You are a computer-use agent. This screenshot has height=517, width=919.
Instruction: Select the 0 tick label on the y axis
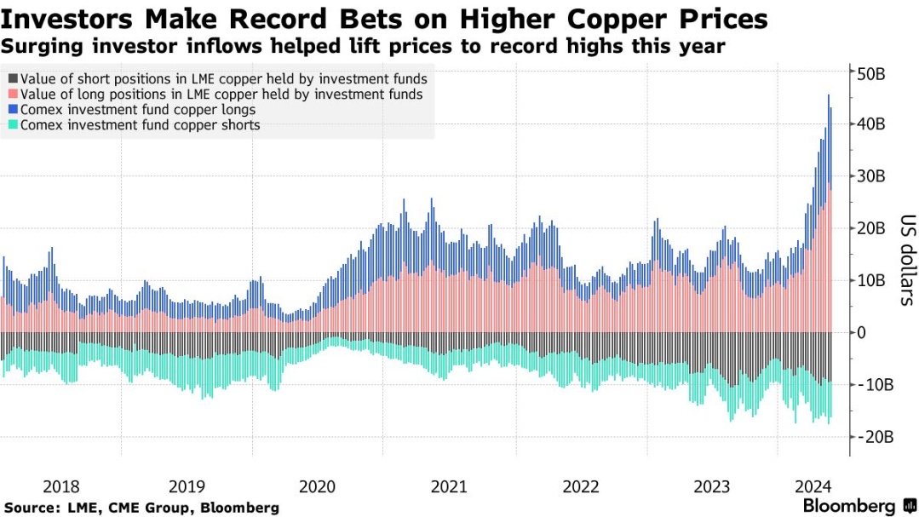(862, 332)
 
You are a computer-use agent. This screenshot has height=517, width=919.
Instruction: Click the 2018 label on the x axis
(60, 486)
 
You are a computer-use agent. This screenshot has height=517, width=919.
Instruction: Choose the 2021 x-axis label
(449, 486)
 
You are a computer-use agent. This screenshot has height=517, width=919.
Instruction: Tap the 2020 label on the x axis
(318, 486)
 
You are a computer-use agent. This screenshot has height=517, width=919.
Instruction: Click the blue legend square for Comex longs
(11, 110)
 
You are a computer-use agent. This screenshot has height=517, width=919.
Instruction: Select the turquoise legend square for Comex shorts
(11, 125)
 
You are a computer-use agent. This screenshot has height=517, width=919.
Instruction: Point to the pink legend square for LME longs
(11, 95)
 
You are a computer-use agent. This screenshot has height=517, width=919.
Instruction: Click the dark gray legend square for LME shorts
(11, 79)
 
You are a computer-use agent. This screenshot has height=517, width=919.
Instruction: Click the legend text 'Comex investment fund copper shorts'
(140, 125)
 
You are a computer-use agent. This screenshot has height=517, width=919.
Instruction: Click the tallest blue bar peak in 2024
(828, 96)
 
